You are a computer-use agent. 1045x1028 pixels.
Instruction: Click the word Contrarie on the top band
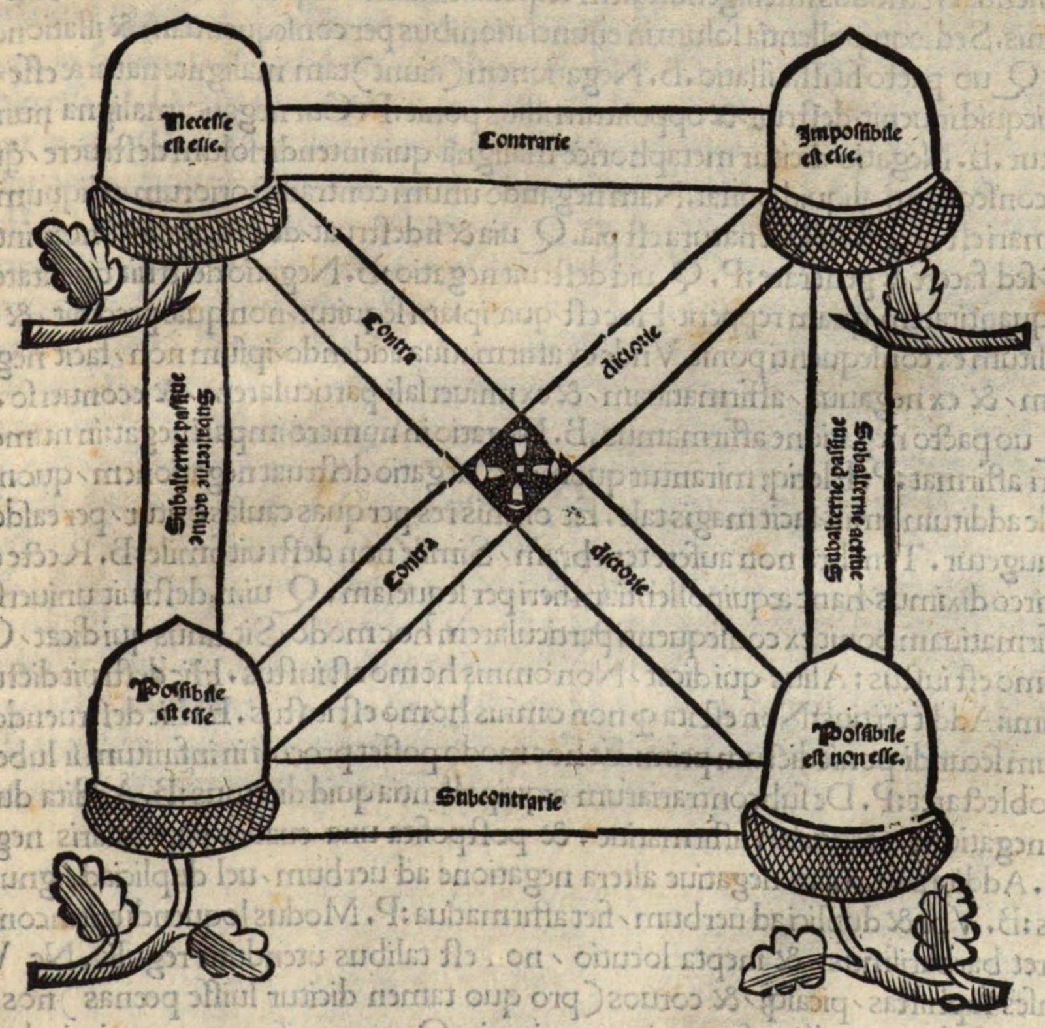(524, 142)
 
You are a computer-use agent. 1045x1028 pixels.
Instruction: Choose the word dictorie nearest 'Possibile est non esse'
(618, 568)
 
